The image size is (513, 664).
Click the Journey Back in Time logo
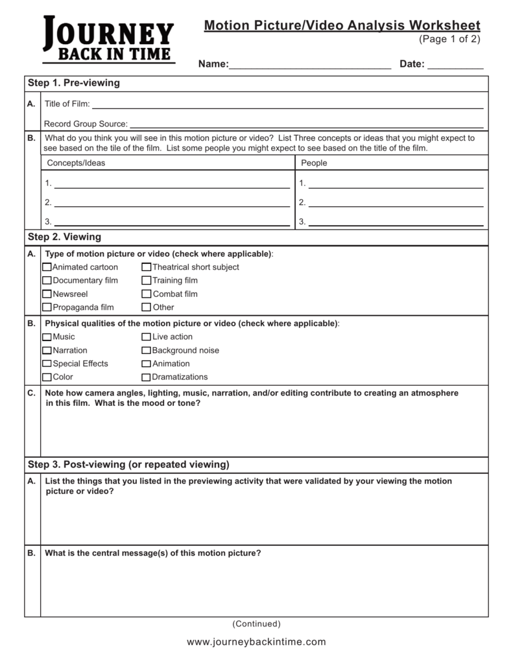tap(108, 40)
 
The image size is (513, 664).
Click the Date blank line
tap(455, 65)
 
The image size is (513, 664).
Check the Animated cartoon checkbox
tap(47, 267)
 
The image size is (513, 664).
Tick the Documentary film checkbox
tap(47, 281)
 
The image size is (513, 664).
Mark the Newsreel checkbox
tap(47, 294)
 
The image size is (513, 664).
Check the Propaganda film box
tap(47, 307)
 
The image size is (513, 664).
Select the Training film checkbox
tap(147, 281)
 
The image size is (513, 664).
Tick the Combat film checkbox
tap(147, 294)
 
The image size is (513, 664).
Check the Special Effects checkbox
tap(47, 364)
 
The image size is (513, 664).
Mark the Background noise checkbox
tap(147, 351)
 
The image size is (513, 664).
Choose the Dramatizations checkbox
tap(147, 377)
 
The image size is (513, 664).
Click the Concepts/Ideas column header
tap(75, 163)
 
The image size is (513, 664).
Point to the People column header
tap(314, 163)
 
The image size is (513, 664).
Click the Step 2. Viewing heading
tap(64, 237)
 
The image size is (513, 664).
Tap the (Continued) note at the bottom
tap(256, 624)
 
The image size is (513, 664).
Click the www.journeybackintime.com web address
tap(256, 642)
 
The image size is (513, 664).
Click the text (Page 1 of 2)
tap(449, 40)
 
